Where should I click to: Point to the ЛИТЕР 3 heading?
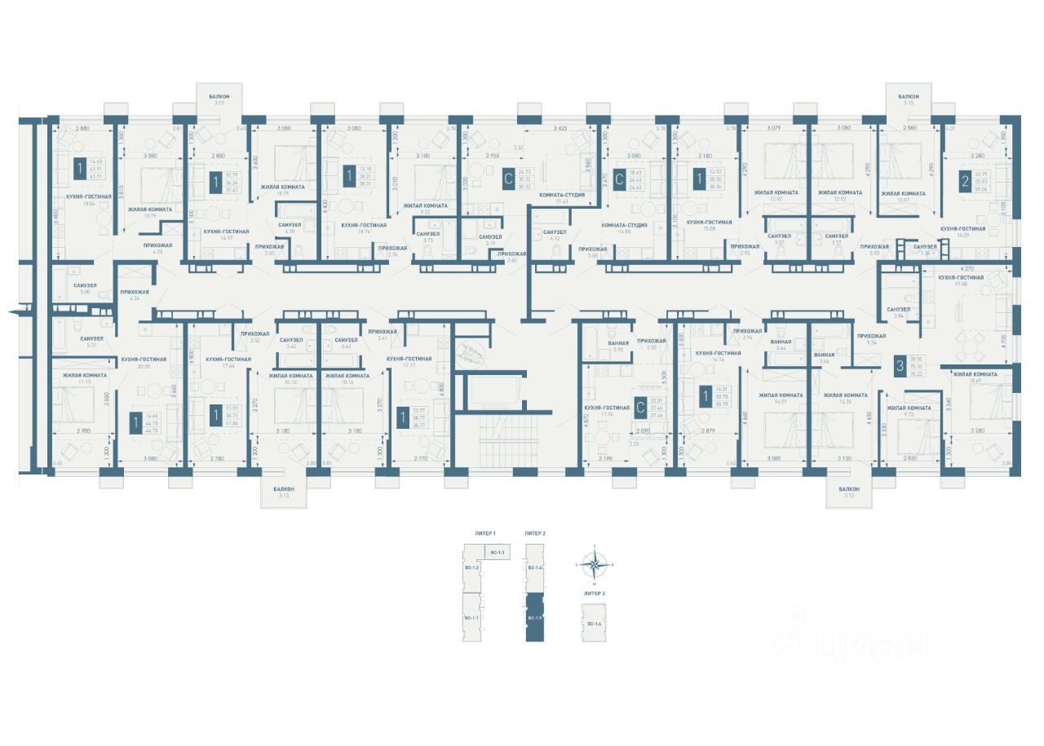[x=594, y=594]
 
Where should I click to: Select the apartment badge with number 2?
[x=965, y=182]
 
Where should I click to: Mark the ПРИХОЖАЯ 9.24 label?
[x=871, y=338]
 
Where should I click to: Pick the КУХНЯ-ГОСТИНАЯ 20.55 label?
[x=144, y=362]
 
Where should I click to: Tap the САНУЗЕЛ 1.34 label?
[x=925, y=249]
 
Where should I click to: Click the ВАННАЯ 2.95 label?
[x=618, y=346]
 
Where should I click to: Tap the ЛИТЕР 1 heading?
[x=485, y=532]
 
